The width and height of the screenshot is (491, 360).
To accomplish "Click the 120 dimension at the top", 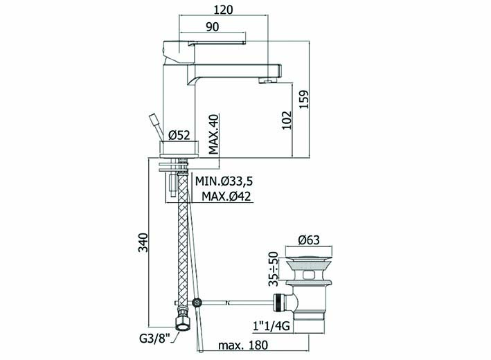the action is coord(223,10).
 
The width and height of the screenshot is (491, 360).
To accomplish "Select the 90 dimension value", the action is coord(213,27).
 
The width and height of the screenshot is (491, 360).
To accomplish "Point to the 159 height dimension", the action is coord(304,99).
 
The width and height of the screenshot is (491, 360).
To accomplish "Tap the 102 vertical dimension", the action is coord(286,120).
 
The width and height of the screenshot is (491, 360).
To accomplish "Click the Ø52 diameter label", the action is coord(179,135).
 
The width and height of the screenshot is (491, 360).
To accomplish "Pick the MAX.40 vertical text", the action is coord(214,134).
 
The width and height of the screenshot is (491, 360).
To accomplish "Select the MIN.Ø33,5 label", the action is coord(224,181).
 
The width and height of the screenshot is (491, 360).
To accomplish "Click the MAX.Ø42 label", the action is coord(226,197).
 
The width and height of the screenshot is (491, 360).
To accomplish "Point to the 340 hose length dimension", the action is coord(143,242).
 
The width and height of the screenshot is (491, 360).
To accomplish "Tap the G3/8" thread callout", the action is coord(154,339).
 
